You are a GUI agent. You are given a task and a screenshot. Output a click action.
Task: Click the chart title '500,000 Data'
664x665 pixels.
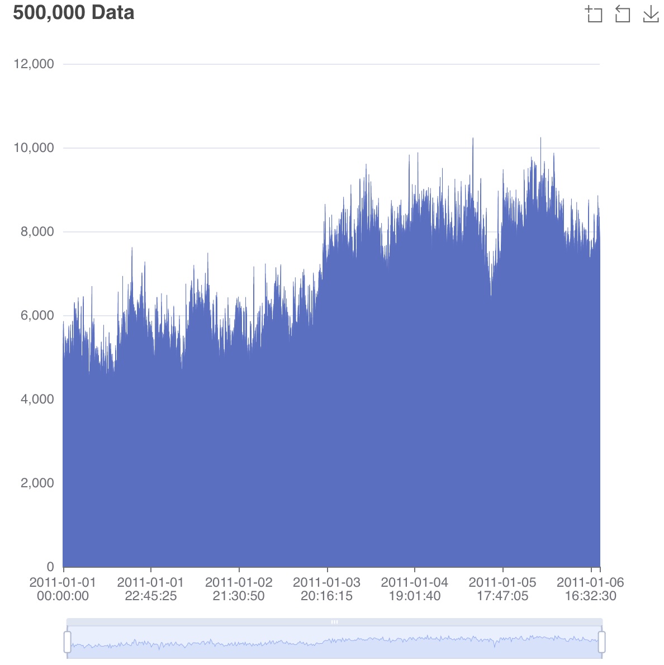click(74, 12)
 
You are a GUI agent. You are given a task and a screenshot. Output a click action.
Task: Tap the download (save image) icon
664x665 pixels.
click(651, 14)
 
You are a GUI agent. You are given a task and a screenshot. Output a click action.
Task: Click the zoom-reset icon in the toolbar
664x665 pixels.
click(622, 14)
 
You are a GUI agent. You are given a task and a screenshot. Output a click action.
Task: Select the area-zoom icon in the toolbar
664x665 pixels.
click(594, 14)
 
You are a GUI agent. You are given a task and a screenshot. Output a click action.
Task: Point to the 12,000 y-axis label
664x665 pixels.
click(34, 64)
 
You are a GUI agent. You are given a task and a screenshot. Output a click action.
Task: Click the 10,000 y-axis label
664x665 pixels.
click(34, 148)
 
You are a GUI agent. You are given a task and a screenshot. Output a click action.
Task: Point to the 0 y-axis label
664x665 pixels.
click(50, 567)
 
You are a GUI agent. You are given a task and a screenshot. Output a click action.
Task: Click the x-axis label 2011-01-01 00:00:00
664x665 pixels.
click(63, 589)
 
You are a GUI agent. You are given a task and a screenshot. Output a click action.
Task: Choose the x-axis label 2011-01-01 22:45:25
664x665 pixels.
click(150, 589)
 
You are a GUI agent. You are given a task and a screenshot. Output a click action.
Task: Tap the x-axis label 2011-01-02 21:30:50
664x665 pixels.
click(239, 589)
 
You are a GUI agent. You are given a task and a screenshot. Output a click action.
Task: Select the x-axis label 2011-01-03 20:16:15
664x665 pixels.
click(326, 589)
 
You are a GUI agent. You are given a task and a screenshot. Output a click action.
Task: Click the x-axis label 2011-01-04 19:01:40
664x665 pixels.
click(414, 589)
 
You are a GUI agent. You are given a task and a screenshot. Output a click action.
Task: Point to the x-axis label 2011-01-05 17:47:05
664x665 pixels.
click(502, 589)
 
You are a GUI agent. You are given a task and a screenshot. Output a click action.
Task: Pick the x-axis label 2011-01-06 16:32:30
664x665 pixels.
click(590, 589)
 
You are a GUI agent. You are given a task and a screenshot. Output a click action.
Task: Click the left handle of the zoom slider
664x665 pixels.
click(68, 642)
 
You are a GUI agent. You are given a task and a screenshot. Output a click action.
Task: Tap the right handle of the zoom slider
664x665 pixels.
click(602, 642)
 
